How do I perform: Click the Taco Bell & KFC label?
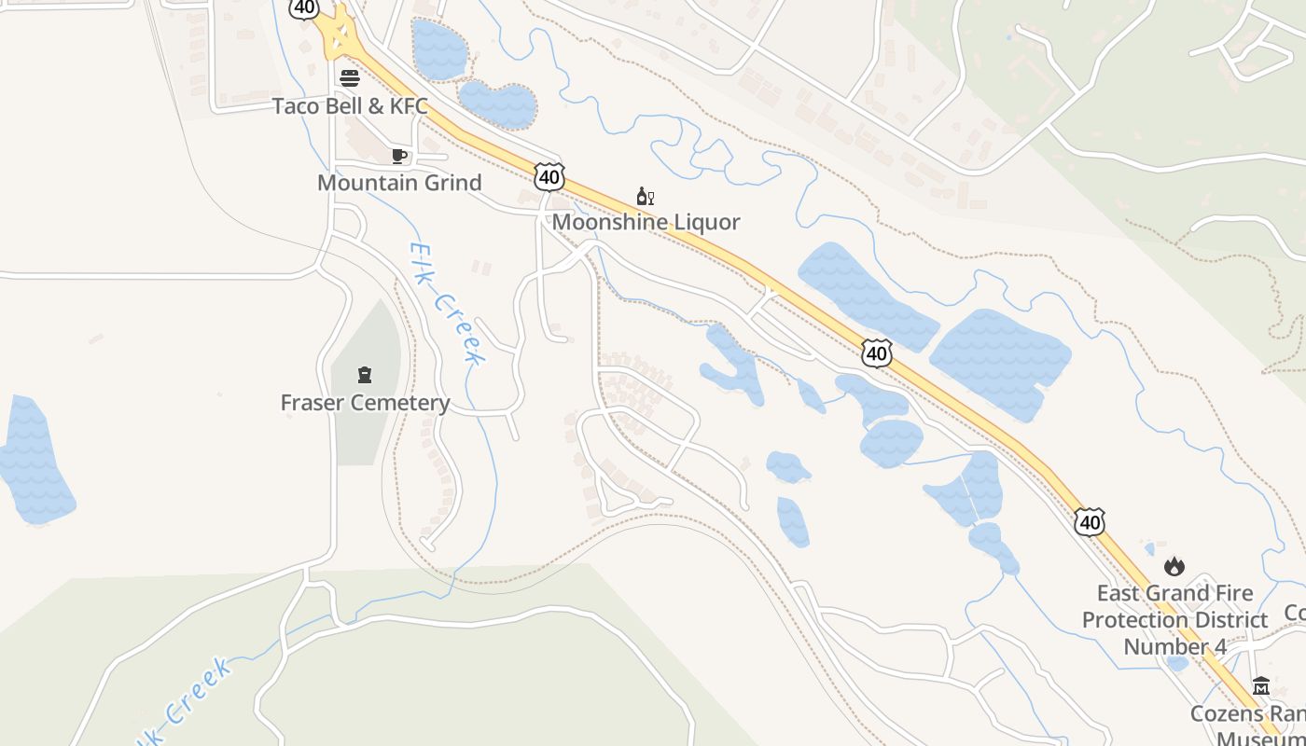(x=350, y=105)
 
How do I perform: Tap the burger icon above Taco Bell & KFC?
(x=350, y=77)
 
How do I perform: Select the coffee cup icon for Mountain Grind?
(x=399, y=156)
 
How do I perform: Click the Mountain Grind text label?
(x=399, y=182)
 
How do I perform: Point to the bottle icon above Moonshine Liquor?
(x=645, y=196)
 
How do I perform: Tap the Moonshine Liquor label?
(x=646, y=222)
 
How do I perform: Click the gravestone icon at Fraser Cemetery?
(x=365, y=375)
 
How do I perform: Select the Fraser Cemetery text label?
(x=365, y=403)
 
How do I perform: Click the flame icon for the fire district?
(x=1174, y=566)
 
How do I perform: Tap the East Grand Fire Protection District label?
(x=1174, y=619)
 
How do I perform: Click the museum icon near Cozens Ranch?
(x=1261, y=685)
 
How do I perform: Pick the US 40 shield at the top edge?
(x=303, y=7)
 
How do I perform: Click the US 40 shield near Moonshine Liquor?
(x=549, y=175)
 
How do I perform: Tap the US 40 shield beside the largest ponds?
(x=877, y=352)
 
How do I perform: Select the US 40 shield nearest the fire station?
(x=1090, y=521)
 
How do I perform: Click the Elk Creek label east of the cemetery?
(x=447, y=303)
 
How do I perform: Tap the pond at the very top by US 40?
(x=438, y=48)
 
